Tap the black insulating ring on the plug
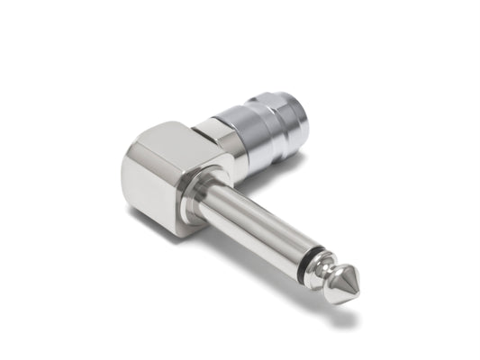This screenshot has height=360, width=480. tap(310, 261)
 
